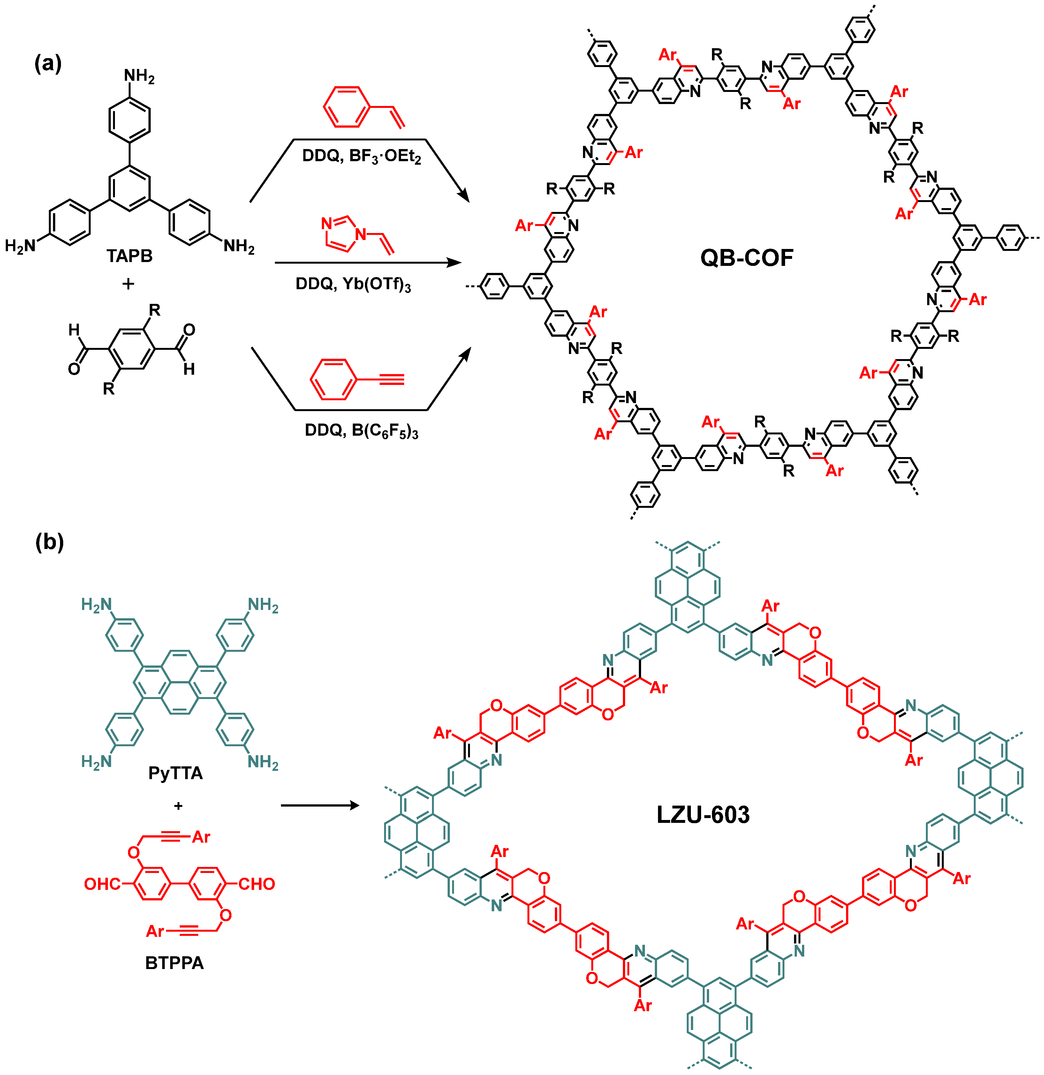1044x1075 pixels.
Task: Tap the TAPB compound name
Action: [x=130, y=256]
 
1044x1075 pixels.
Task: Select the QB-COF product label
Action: [x=747, y=258]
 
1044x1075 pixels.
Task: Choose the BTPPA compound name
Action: [x=174, y=963]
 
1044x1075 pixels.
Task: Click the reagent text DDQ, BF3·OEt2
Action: [x=361, y=156]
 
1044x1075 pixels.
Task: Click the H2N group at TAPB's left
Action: [x=20, y=246]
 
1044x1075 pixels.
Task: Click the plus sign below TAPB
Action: [x=128, y=283]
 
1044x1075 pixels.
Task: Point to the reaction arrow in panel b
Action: [x=320, y=806]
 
